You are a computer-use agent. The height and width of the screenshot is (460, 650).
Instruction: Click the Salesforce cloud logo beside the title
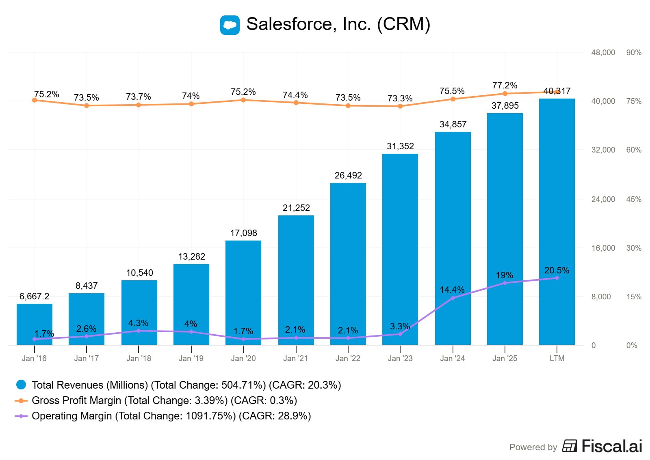(230, 25)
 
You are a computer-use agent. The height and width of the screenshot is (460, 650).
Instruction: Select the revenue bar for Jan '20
(243, 292)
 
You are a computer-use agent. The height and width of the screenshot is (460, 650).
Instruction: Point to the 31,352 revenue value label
(400, 146)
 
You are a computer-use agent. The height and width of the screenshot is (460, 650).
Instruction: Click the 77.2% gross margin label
(505, 86)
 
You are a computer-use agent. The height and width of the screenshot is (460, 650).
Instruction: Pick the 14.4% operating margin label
(452, 290)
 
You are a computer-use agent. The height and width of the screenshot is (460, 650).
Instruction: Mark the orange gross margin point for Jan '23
(400, 106)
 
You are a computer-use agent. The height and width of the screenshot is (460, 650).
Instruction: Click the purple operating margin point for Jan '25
(505, 283)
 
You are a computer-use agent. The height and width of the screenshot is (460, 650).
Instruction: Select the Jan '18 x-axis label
(139, 359)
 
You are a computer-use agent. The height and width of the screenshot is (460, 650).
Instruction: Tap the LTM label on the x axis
(557, 359)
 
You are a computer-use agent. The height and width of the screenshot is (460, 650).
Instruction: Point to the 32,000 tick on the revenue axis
(603, 150)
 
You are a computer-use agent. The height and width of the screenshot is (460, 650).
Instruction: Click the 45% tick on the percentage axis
(634, 200)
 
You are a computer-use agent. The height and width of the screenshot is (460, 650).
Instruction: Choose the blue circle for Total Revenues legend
(21, 385)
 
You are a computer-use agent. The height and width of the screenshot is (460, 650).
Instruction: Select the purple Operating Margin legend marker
(21, 416)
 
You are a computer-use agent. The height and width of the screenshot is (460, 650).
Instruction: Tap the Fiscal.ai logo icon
(570, 446)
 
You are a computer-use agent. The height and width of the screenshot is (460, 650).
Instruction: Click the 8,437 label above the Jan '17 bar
(87, 286)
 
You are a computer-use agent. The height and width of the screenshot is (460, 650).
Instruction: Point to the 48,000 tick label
(603, 53)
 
